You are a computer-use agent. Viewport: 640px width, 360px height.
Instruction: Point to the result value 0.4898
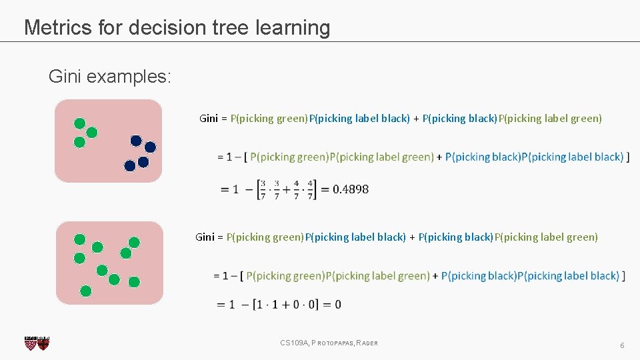click(350, 189)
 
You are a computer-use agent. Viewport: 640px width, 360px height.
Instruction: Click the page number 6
click(622, 345)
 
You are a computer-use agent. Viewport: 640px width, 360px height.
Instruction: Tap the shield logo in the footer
click(37, 343)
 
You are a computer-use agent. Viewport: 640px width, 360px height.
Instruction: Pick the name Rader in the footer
click(367, 343)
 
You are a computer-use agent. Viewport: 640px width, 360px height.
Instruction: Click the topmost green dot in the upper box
click(79, 123)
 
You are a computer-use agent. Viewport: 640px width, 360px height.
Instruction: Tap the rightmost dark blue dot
click(151, 147)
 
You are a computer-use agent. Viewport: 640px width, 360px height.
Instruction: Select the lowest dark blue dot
click(130, 165)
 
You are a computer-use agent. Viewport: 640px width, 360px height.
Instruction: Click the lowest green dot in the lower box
click(85, 291)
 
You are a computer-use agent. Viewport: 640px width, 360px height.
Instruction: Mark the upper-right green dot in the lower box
click(135, 242)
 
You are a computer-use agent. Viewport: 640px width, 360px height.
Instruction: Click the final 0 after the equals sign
click(338, 305)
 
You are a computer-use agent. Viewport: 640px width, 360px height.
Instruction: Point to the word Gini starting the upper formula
click(209, 119)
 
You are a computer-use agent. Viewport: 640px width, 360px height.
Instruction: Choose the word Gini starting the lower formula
click(205, 237)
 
